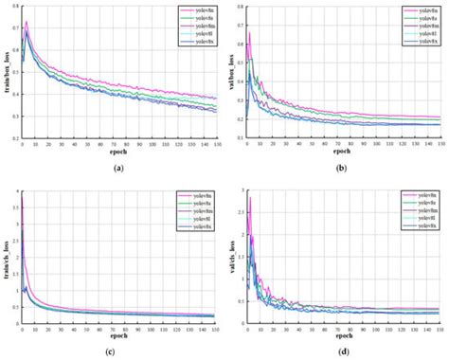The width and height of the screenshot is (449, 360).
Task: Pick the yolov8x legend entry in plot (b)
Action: (422, 43)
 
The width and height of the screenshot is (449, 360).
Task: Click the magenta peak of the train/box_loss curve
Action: (27, 22)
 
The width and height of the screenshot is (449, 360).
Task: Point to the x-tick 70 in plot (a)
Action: (114, 144)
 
